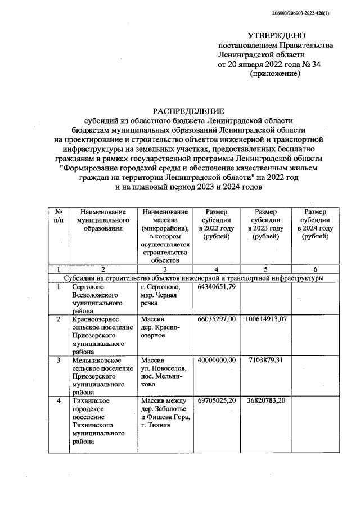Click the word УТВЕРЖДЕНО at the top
click(x=276, y=35)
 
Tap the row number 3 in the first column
click(x=58, y=359)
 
